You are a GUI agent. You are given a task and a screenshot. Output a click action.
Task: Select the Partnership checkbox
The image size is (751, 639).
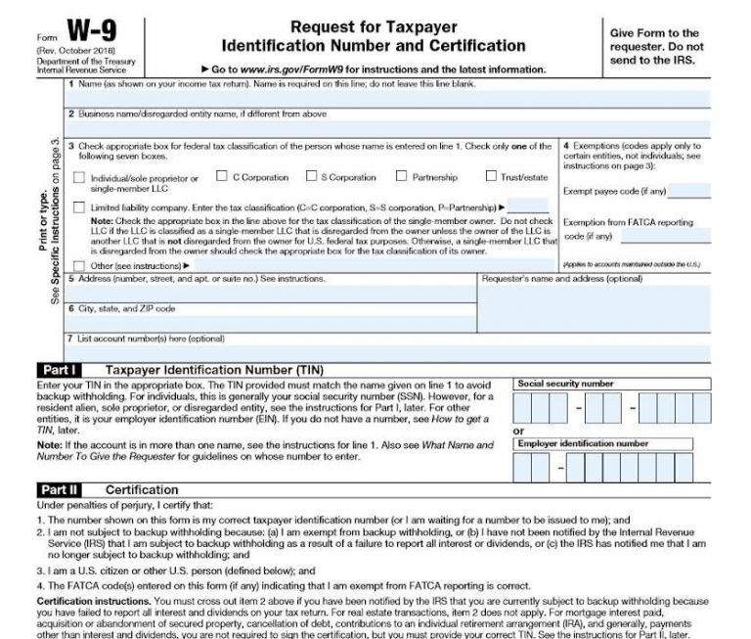(x=401, y=177)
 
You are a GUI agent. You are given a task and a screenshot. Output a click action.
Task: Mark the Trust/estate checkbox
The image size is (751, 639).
(x=492, y=177)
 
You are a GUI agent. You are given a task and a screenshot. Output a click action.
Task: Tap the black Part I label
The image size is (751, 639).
(x=60, y=370)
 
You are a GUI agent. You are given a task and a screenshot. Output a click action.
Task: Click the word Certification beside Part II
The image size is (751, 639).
(x=142, y=489)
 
